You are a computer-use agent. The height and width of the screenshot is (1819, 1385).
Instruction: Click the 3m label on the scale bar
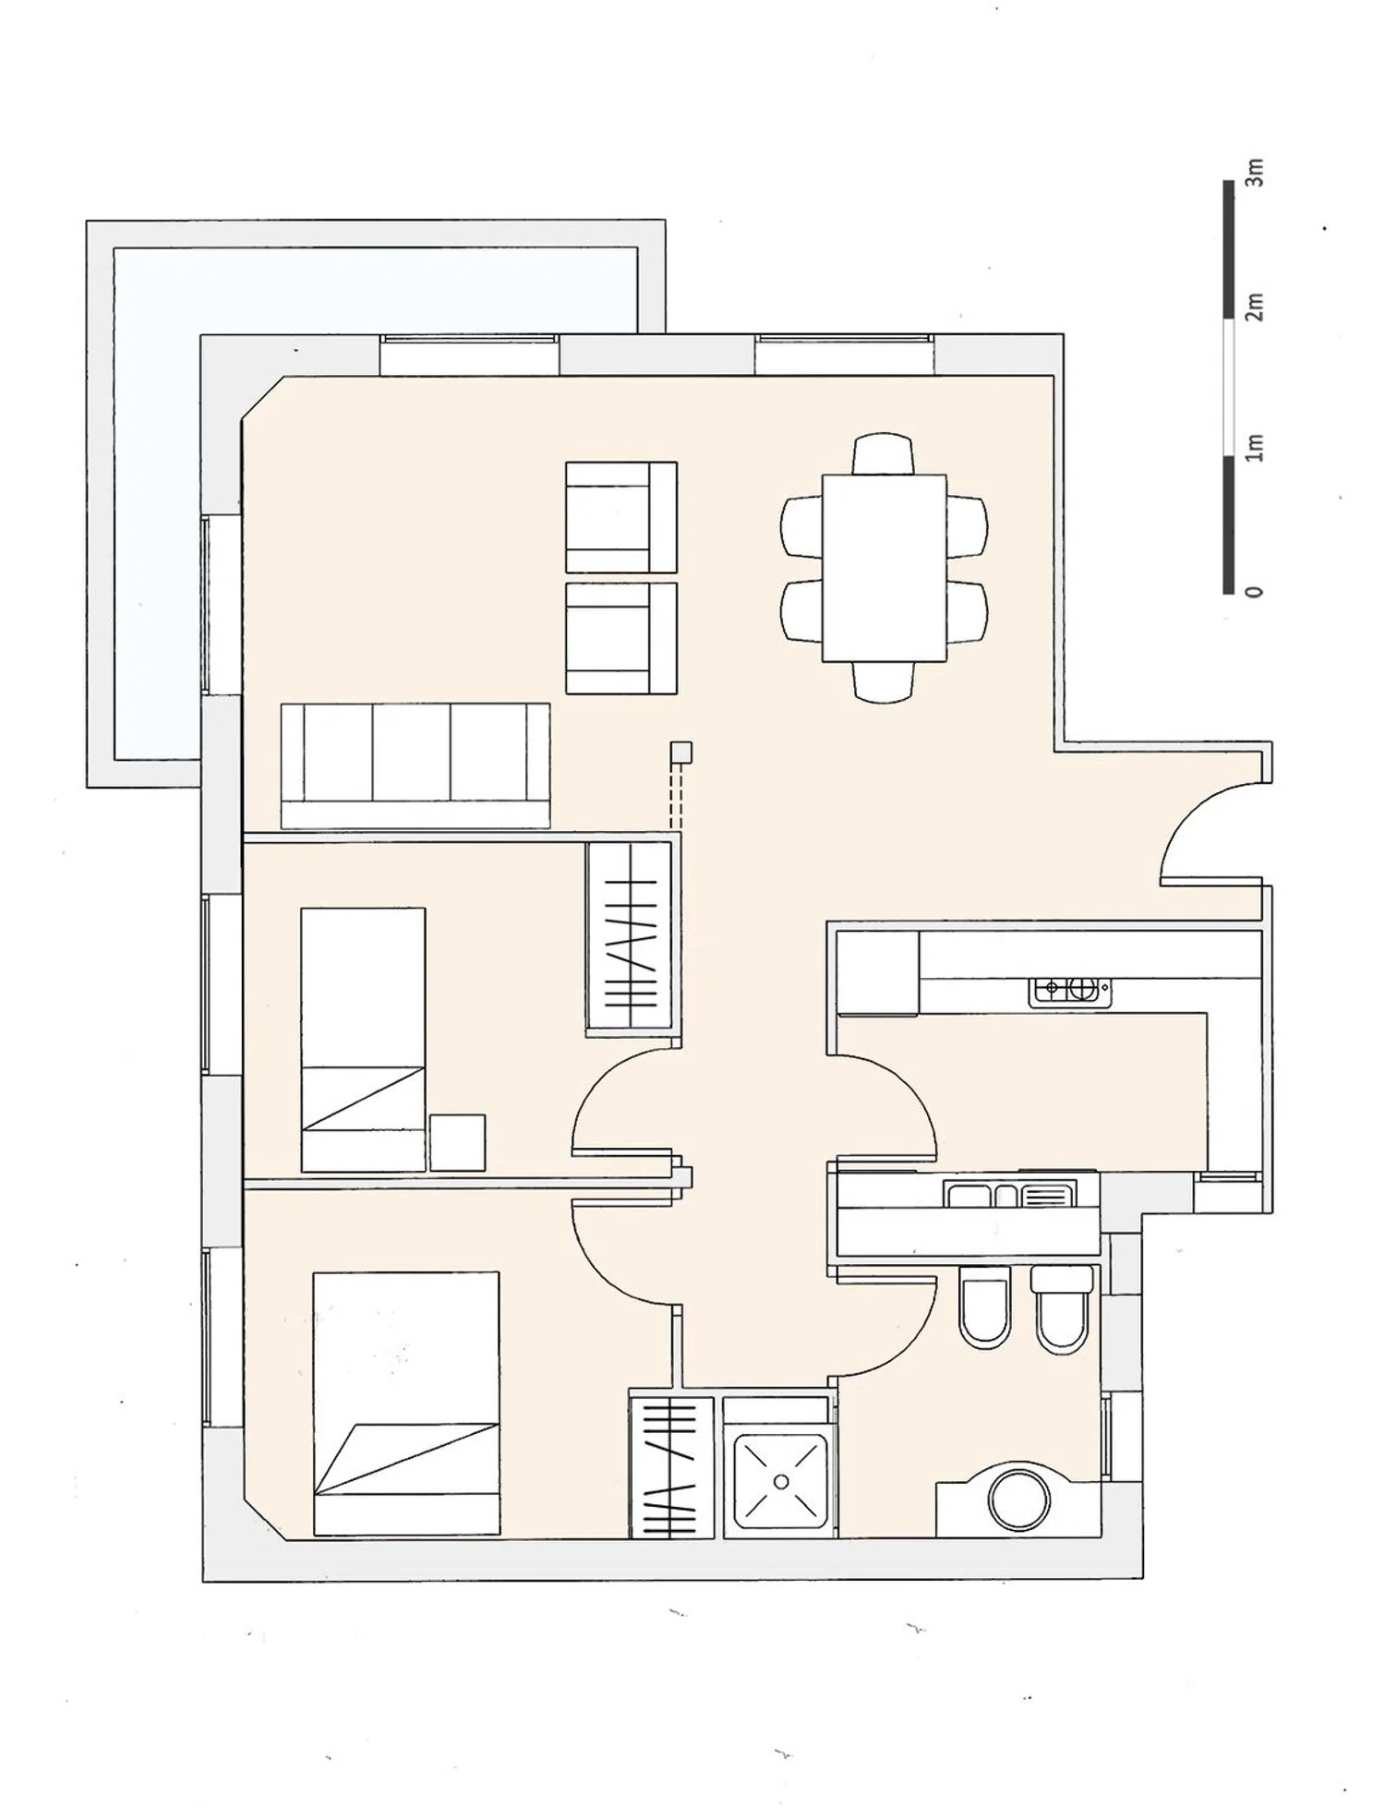tap(1254, 172)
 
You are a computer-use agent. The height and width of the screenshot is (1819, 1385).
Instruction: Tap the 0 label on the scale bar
tap(1253, 591)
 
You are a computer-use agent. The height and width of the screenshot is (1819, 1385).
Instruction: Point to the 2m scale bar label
tap(1254, 307)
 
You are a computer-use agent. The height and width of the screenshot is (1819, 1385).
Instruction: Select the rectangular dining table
tap(885, 568)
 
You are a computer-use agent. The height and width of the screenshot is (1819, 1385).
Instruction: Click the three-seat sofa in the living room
tap(415, 765)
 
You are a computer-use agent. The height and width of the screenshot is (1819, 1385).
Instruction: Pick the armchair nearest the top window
tap(621, 517)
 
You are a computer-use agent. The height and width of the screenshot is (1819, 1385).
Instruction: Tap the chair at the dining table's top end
tap(885, 453)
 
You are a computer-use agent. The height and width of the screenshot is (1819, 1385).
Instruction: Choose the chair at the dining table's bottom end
tap(885, 682)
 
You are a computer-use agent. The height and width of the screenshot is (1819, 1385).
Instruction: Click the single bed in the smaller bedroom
tap(363, 1040)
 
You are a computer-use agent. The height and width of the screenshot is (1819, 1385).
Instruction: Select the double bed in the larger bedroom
tap(406, 1403)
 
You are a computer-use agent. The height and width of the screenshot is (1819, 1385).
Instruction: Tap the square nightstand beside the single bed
tap(458, 1143)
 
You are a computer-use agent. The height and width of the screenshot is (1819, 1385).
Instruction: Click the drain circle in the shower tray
tap(781, 1482)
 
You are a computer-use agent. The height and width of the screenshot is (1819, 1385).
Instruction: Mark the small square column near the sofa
tap(681, 753)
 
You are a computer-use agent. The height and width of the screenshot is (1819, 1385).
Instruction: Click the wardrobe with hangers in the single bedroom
tap(629, 938)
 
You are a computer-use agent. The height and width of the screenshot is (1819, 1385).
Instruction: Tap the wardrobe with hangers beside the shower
tap(672, 1467)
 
